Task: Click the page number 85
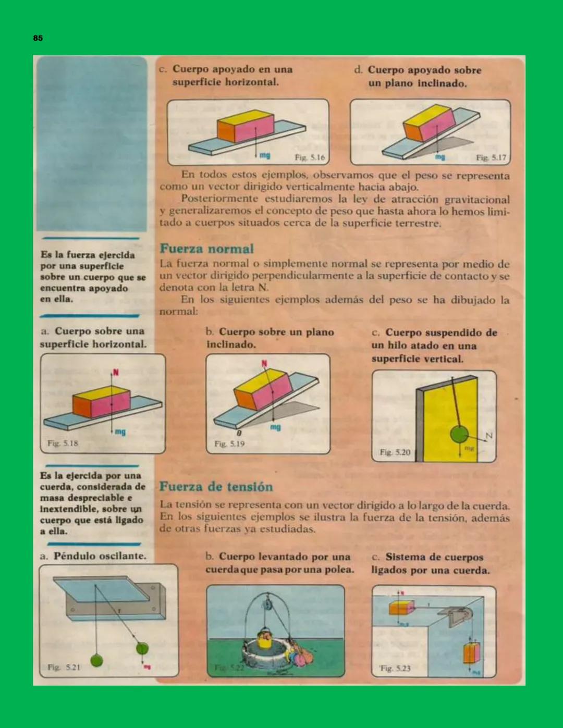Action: pos(38,38)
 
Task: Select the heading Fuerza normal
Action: pos(206,249)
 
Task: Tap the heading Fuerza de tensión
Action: pos(216,487)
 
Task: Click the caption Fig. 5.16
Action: pos(310,157)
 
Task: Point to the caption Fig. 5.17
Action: pos(491,157)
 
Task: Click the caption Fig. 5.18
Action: pos(63,443)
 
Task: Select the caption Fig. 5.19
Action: pos(229,444)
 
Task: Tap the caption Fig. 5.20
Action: pos(395,452)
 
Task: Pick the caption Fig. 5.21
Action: pos(64,667)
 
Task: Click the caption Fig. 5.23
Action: pos(395,668)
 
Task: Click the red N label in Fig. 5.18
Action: pos(116,373)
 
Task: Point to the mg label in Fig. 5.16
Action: pos(265,156)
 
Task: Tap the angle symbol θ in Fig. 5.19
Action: pos(239,433)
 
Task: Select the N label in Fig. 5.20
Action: pos(489,436)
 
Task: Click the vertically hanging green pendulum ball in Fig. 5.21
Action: pos(96,660)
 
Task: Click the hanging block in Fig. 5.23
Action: pos(471,653)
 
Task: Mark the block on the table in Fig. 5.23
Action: pos(401,608)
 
